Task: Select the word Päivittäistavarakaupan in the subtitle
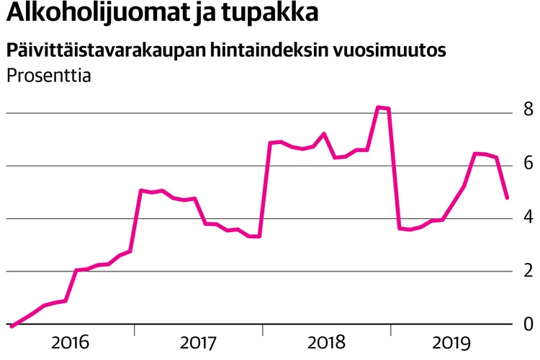point(105,51)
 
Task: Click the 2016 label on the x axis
point(70,343)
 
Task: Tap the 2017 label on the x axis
point(199,343)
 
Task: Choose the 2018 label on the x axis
point(327,343)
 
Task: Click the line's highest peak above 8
point(379,107)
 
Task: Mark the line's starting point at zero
point(11,326)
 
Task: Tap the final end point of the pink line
point(508,197)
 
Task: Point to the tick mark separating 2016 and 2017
point(135,330)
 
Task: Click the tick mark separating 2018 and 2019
point(392,330)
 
